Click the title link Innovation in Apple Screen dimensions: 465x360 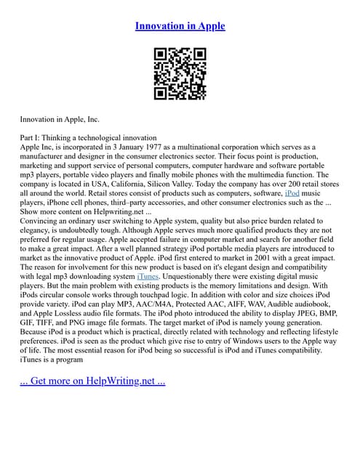pyautogui.click(x=180, y=26)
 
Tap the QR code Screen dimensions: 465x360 pyautogui.click(x=180, y=73)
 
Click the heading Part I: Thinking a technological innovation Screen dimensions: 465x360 pyautogui.click(x=88, y=137)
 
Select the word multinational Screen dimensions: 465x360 pyautogui.click(x=202, y=147)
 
